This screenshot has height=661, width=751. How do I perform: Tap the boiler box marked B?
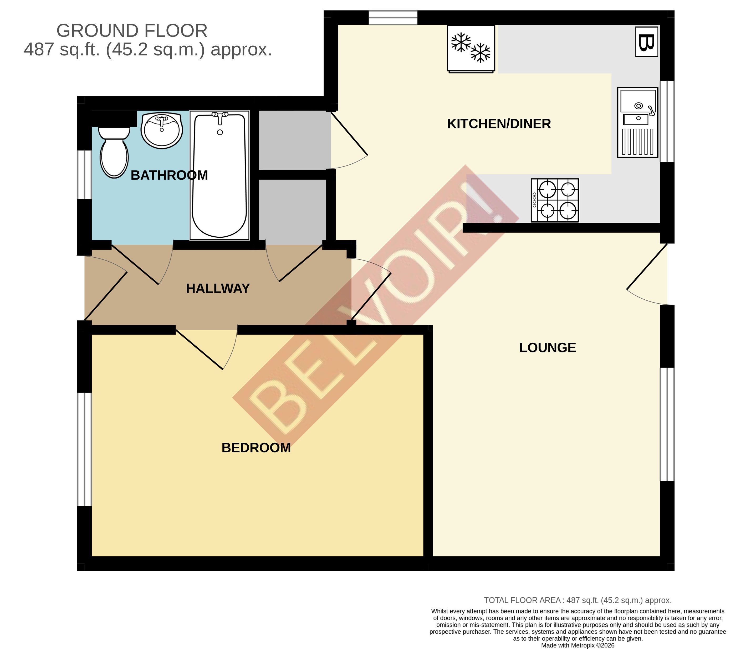[646, 42]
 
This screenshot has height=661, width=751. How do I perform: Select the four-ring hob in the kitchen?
[555, 200]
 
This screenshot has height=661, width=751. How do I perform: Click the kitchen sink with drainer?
[637, 122]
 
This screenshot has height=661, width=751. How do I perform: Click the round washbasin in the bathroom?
[162, 130]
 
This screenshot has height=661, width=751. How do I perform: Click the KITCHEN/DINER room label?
[499, 124]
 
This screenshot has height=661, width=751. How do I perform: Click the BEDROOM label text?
[256, 448]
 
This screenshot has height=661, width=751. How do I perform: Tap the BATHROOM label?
[169, 175]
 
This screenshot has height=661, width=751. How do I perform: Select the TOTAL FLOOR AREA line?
[577, 600]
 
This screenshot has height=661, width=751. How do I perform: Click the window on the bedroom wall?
[84, 450]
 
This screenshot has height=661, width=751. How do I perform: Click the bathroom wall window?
[84, 175]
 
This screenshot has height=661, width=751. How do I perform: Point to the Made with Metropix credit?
[577, 646]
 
